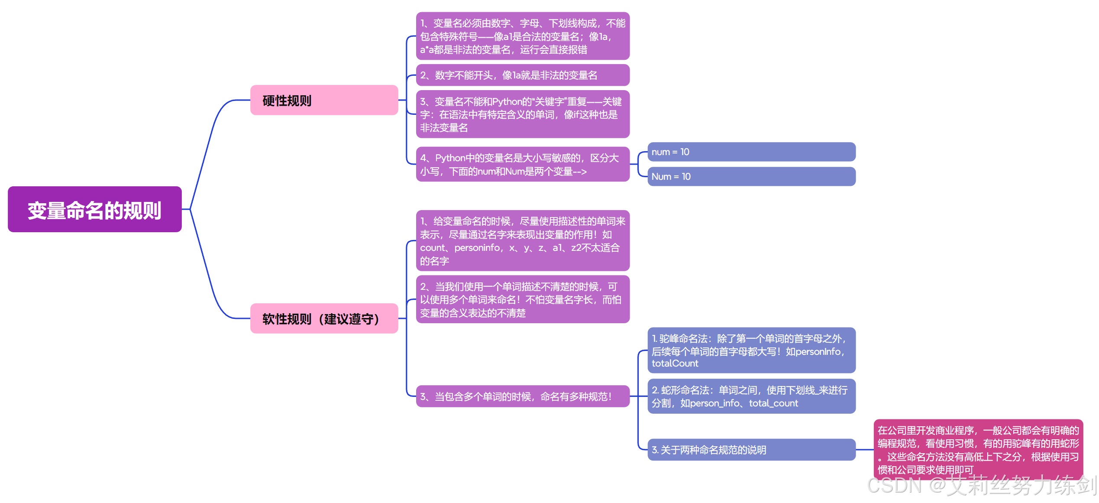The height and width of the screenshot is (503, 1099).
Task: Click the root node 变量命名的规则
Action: click(94, 210)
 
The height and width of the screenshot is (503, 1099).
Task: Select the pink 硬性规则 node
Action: click(324, 101)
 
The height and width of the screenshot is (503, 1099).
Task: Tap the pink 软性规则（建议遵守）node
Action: click(324, 319)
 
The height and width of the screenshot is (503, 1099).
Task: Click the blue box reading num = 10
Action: click(751, 152)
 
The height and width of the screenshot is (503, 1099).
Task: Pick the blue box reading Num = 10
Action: click(751, 177)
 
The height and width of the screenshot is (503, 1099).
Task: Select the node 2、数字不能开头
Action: click(522, 75)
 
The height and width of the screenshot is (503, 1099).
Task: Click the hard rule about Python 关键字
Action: click(522, 114)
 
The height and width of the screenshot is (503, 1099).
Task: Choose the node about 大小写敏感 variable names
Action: click(522, 165)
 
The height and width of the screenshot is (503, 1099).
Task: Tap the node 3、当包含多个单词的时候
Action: click(522, 396)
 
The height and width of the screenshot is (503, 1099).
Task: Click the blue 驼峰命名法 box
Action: click(751, 350)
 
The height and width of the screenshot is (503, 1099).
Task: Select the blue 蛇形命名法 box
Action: click(751, 396)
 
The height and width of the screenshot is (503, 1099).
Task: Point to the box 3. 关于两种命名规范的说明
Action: click(751, 450)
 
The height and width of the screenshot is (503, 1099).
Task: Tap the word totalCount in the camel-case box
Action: click(675, 364)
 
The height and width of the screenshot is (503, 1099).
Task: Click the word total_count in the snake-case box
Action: click(773, 403)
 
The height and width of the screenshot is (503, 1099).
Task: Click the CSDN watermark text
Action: click(981, 486)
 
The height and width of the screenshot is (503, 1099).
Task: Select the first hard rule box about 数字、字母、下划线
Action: click(522, 36)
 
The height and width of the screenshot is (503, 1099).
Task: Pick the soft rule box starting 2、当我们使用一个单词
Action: click(522, 300)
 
